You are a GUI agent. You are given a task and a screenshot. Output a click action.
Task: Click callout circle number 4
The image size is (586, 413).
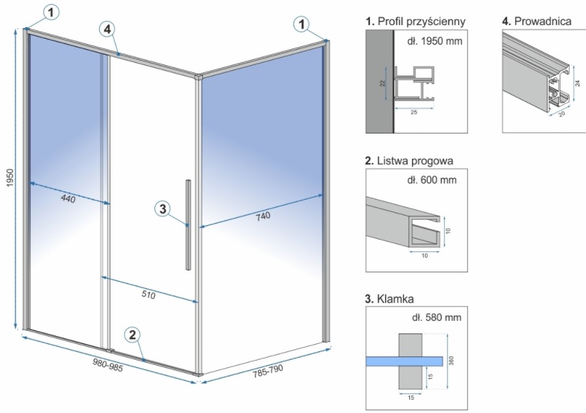108,30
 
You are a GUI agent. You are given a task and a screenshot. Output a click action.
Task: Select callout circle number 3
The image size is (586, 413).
162,209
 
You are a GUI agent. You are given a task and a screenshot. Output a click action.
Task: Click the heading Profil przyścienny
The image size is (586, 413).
415,22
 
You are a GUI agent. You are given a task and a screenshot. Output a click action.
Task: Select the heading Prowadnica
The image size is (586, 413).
539,22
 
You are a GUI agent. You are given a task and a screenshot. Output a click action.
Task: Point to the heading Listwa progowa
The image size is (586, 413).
409,160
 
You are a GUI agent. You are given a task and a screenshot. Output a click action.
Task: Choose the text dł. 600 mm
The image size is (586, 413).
432,180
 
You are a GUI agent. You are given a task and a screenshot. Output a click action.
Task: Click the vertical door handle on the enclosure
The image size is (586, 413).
189,224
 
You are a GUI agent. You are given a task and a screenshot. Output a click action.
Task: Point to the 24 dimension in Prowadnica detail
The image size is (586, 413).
576,83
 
